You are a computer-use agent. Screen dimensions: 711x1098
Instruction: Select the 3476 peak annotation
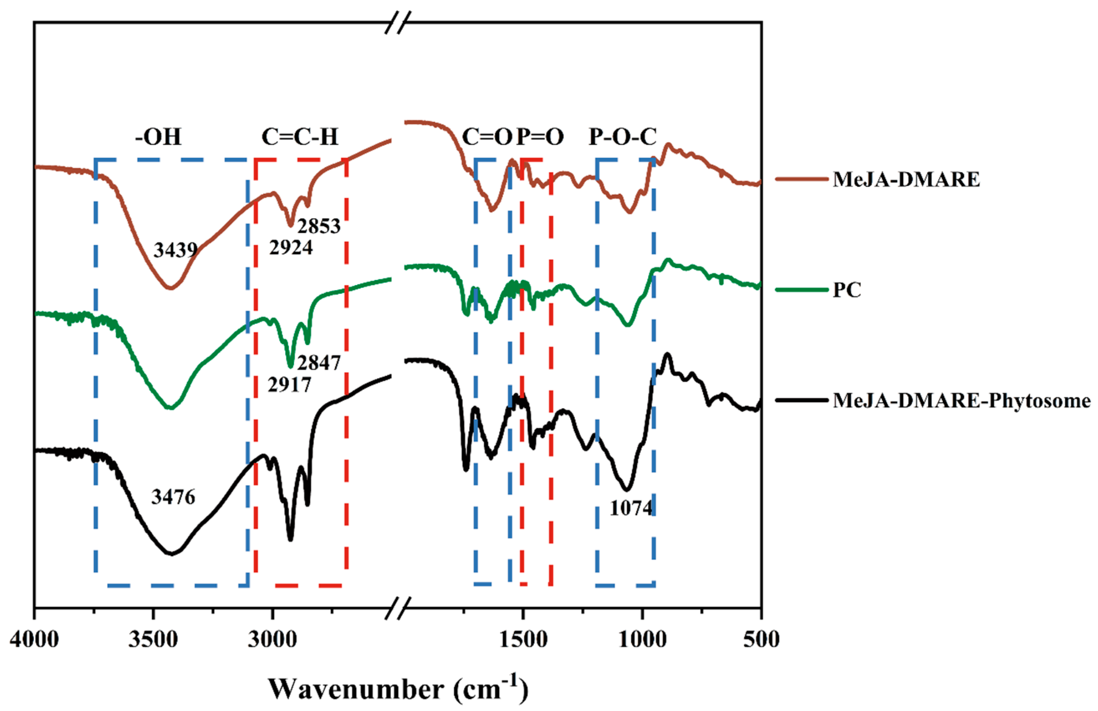coord(173,497)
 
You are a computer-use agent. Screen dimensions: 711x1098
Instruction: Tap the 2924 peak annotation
coord(291,248)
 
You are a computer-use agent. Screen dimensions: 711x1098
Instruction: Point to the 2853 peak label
coord(318,226)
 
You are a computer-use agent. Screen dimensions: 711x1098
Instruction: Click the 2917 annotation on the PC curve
coord(289,384)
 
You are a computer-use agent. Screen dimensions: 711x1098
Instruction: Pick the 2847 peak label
coord(318,363)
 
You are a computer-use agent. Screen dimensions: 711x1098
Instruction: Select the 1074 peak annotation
coord(631,508)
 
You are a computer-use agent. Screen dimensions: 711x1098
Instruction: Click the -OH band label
coord(158,137)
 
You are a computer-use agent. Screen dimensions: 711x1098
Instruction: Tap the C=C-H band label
coord(300,137)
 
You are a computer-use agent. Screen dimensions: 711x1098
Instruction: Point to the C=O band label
coord(487,137)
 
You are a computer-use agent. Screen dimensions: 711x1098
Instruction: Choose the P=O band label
coord(540,137)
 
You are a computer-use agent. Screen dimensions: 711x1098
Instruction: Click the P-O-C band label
coord(622,137)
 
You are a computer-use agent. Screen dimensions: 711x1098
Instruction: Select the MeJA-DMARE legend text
coord(906,179)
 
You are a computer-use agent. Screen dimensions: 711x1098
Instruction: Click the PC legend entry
coord(847,290)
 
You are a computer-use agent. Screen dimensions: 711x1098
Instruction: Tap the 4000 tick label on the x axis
coord(34,640)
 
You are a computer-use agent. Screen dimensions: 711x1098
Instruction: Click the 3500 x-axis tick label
coord(153,640)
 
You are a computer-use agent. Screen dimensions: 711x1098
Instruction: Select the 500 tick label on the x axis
coord(761,640)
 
